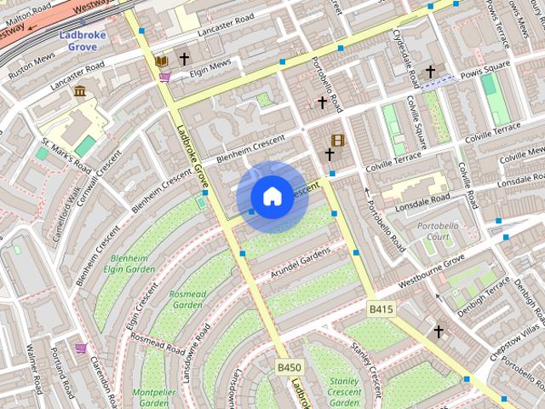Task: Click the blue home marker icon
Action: point(272,197)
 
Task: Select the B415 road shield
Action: point(381,308)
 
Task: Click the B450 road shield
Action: point(290,367)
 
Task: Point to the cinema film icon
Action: point(338,140)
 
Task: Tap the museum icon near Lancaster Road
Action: point(79,90)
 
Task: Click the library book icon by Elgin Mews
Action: point(162,61)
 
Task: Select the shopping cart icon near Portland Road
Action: point(81,348)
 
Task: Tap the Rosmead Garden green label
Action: point(187,298)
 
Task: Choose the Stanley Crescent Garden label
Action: point(344,391)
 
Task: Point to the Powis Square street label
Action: point(484,65)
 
